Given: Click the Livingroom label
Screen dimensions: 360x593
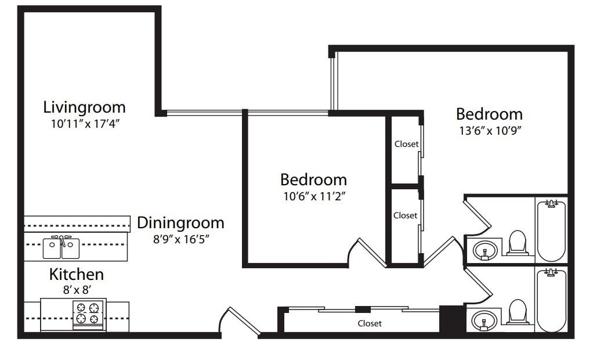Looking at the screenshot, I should pyautogui.click(x=84, y=107).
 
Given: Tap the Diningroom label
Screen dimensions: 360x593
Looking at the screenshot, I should pyautogui.click(x=180, y=222).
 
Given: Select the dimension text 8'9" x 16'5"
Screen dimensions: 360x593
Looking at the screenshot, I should pyautogui.click(x=180, y=238).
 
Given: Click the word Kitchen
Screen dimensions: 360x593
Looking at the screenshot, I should pyautogui.click(x=76, y=274).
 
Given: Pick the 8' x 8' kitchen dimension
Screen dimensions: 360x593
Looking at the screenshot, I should pyautogui.click(x=76, y=289).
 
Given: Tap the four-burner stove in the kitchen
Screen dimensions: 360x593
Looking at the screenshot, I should pyautogui.click(x=88, y=313).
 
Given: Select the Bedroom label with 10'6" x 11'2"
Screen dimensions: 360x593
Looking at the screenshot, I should pyautogui.click(x=313, y=179).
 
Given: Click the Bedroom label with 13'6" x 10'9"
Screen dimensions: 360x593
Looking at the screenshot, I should pyautogui.click(x=489, y=114).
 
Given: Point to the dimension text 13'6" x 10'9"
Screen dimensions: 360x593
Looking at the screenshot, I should pyautogui.click(x=491, y=130).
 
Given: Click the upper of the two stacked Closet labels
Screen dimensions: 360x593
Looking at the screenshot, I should pyautogui.click(x=406, y=144).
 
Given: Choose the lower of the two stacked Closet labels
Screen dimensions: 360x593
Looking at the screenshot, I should pyautogui.click(x=405, y=215).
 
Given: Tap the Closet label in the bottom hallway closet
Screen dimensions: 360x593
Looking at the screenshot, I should pyautogui.click(x=370, y=323).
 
